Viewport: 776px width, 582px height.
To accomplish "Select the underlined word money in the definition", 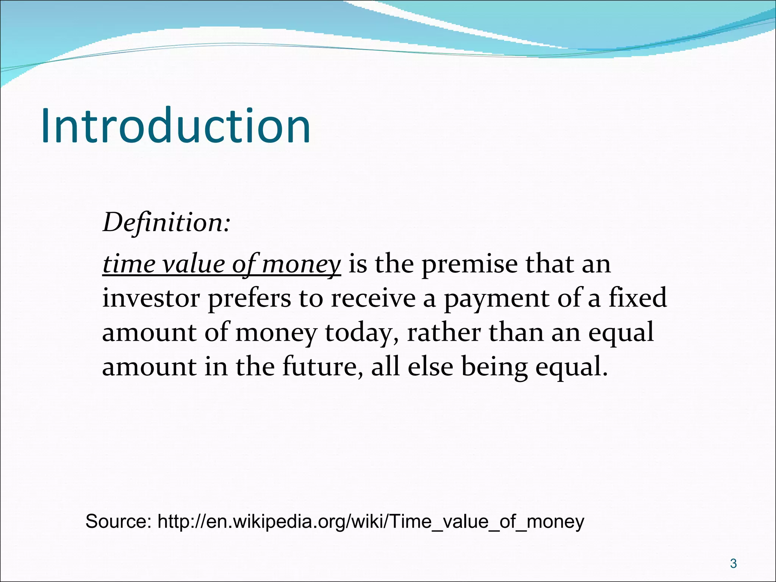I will tap(301, 264).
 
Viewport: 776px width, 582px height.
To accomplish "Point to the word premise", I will tap(469, 264).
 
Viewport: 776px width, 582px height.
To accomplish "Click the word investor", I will tap(151, 298).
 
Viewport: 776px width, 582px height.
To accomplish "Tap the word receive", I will tap(373, 298).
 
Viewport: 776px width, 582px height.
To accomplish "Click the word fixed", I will tap(637, 298).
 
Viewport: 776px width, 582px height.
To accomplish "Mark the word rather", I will tap(444, 332).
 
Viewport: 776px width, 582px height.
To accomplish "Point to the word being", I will tap(494, 366).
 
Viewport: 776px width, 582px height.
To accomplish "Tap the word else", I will tap(430, 366).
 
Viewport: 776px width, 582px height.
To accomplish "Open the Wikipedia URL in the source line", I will tap(371, 521).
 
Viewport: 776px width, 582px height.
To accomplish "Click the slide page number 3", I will tap(733, 564).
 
